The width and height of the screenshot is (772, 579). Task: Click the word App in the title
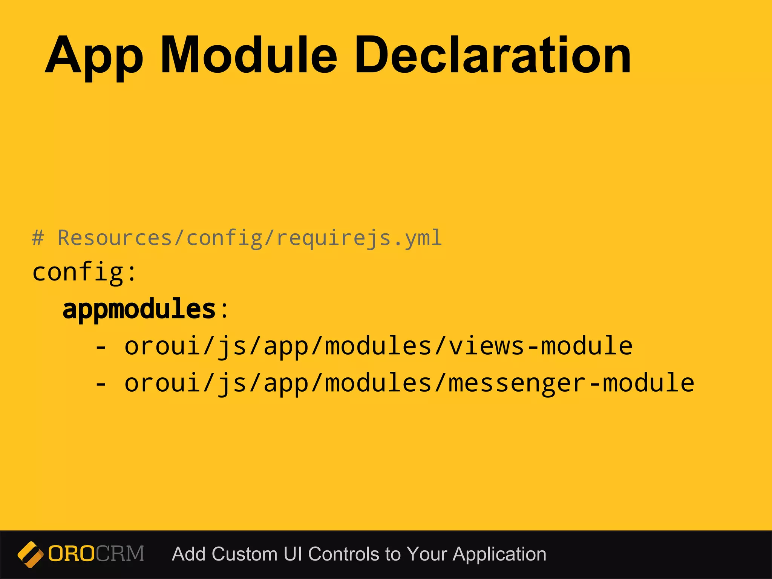94,57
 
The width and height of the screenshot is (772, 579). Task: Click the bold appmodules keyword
139,309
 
